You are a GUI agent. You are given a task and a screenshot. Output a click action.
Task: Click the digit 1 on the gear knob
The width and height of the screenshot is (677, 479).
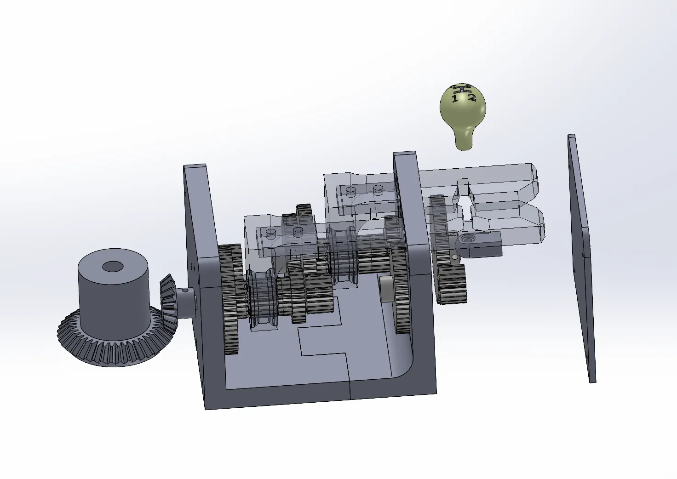click(455, 98)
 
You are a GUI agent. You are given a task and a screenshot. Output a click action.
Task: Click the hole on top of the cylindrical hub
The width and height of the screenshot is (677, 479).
click(113, 266)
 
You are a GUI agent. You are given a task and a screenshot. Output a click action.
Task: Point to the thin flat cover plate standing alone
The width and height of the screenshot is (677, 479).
click(581, 257)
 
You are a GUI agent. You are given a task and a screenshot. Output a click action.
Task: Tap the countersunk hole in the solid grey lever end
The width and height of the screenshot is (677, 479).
click(469, 239)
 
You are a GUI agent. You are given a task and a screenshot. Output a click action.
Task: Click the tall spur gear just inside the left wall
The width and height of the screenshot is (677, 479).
click(230, 299)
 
